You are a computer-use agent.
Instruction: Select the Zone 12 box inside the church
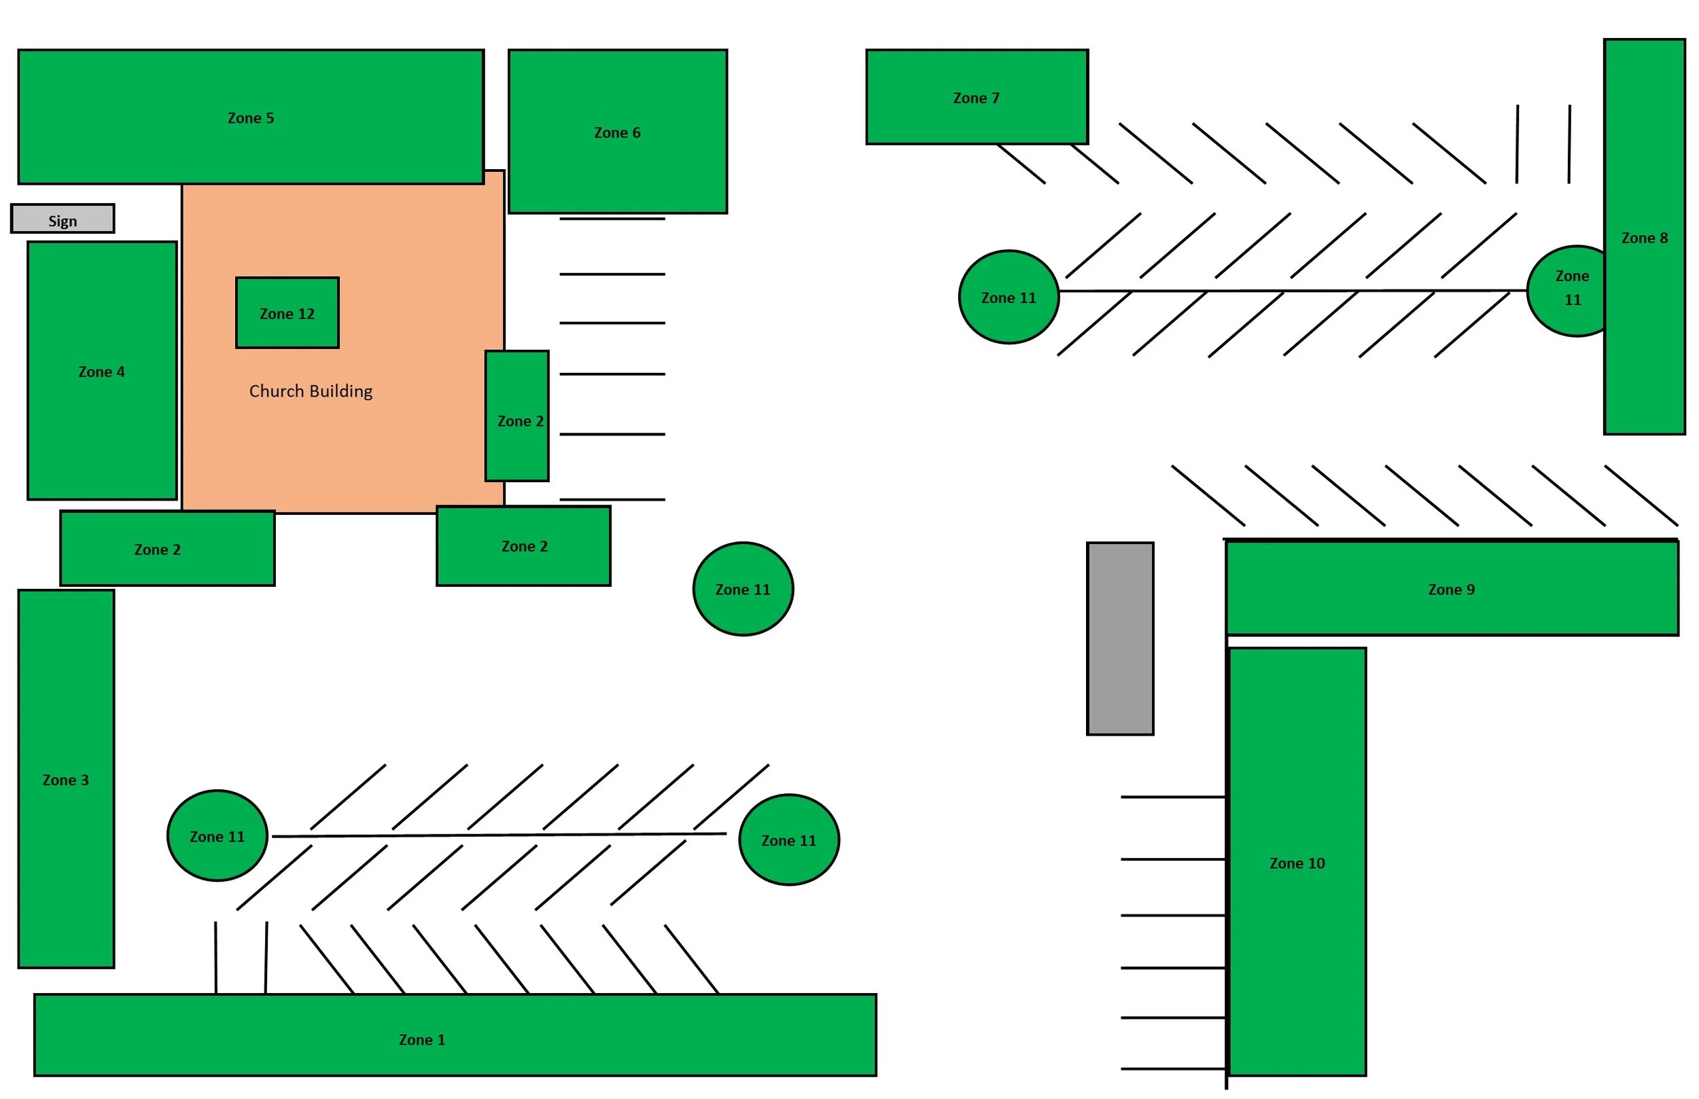[287, 313]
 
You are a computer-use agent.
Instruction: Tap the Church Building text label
[311, 391]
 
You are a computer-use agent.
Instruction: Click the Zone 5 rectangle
[251, 117]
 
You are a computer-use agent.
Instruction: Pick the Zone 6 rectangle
[618, 132]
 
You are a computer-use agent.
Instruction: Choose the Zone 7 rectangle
[977, 97]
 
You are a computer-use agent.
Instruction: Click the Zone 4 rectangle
[101, 371]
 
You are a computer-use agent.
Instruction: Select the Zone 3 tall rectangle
[66, 779]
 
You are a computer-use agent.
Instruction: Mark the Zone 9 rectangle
[1452, 589]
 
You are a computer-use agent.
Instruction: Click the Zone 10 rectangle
[1297, 862]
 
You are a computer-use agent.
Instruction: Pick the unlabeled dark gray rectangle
[1120, 639]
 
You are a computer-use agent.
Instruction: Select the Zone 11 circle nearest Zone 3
[217, 836]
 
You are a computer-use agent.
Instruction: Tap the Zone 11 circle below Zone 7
[1009, 298]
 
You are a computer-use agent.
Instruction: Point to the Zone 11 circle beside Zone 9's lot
[743, 590]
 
